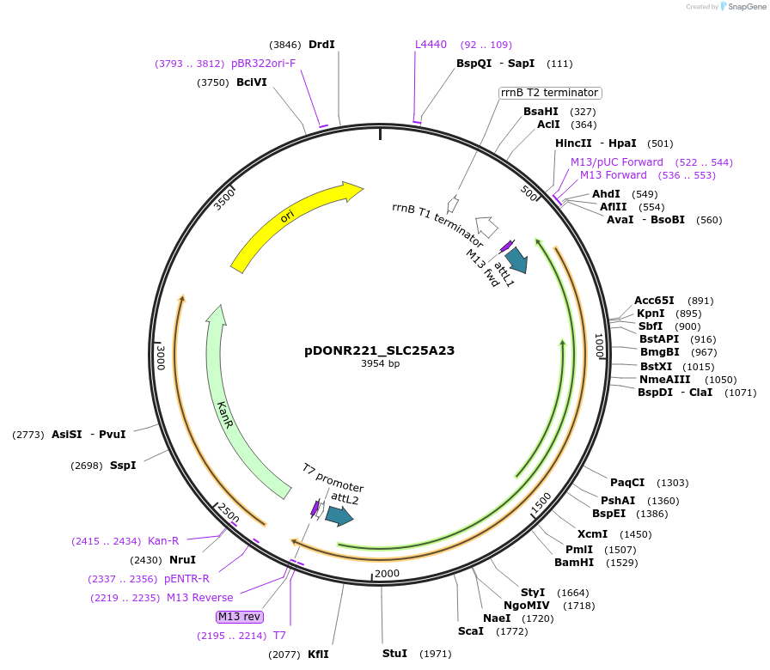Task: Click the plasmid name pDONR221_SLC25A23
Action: click(x=379, y=350)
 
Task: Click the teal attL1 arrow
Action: click(x=516, y=259)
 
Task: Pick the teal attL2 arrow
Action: click(x=339, y=515)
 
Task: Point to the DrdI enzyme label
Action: click(x=321, y=45)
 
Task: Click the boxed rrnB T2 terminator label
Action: click(x=550, y=93)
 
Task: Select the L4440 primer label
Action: click(x=431, y=45)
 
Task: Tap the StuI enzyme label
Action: click(x=394, y=654)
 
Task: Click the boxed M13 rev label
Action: click(x=240, y=616)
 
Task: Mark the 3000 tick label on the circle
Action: click(x=161, y=356)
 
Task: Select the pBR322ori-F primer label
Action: click(x=263, y=64)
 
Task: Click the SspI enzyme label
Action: click(x=123, y=466)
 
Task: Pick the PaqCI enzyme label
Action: click(x=626, y=483)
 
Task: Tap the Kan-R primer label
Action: click(x=163, y=541)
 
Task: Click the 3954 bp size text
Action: click(x=380, y=364)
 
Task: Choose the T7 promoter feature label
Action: click(x=333, y=478)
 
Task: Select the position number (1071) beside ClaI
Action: click(x=739, y=393)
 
